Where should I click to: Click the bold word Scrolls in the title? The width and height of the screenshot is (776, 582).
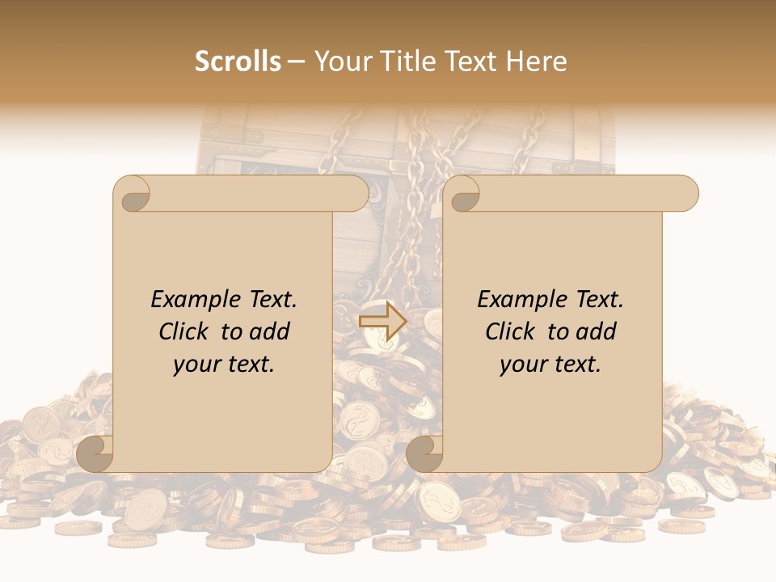tap(238, 61)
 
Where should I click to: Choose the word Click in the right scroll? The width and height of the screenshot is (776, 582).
tap(510, 331)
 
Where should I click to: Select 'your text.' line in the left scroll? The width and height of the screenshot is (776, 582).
tap(224, 365)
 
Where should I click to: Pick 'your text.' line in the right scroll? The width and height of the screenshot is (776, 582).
tap(550, 365)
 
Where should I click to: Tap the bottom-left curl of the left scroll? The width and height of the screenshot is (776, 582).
tap(95, 453)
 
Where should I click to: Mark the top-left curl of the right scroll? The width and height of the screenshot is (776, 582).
tap(462, 195)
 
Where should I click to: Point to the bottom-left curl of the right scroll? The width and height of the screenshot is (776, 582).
tap(424, 453)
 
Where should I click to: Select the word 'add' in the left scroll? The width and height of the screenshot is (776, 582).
tap(270, 331)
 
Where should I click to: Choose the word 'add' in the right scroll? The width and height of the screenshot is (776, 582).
tap(597, 331)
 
